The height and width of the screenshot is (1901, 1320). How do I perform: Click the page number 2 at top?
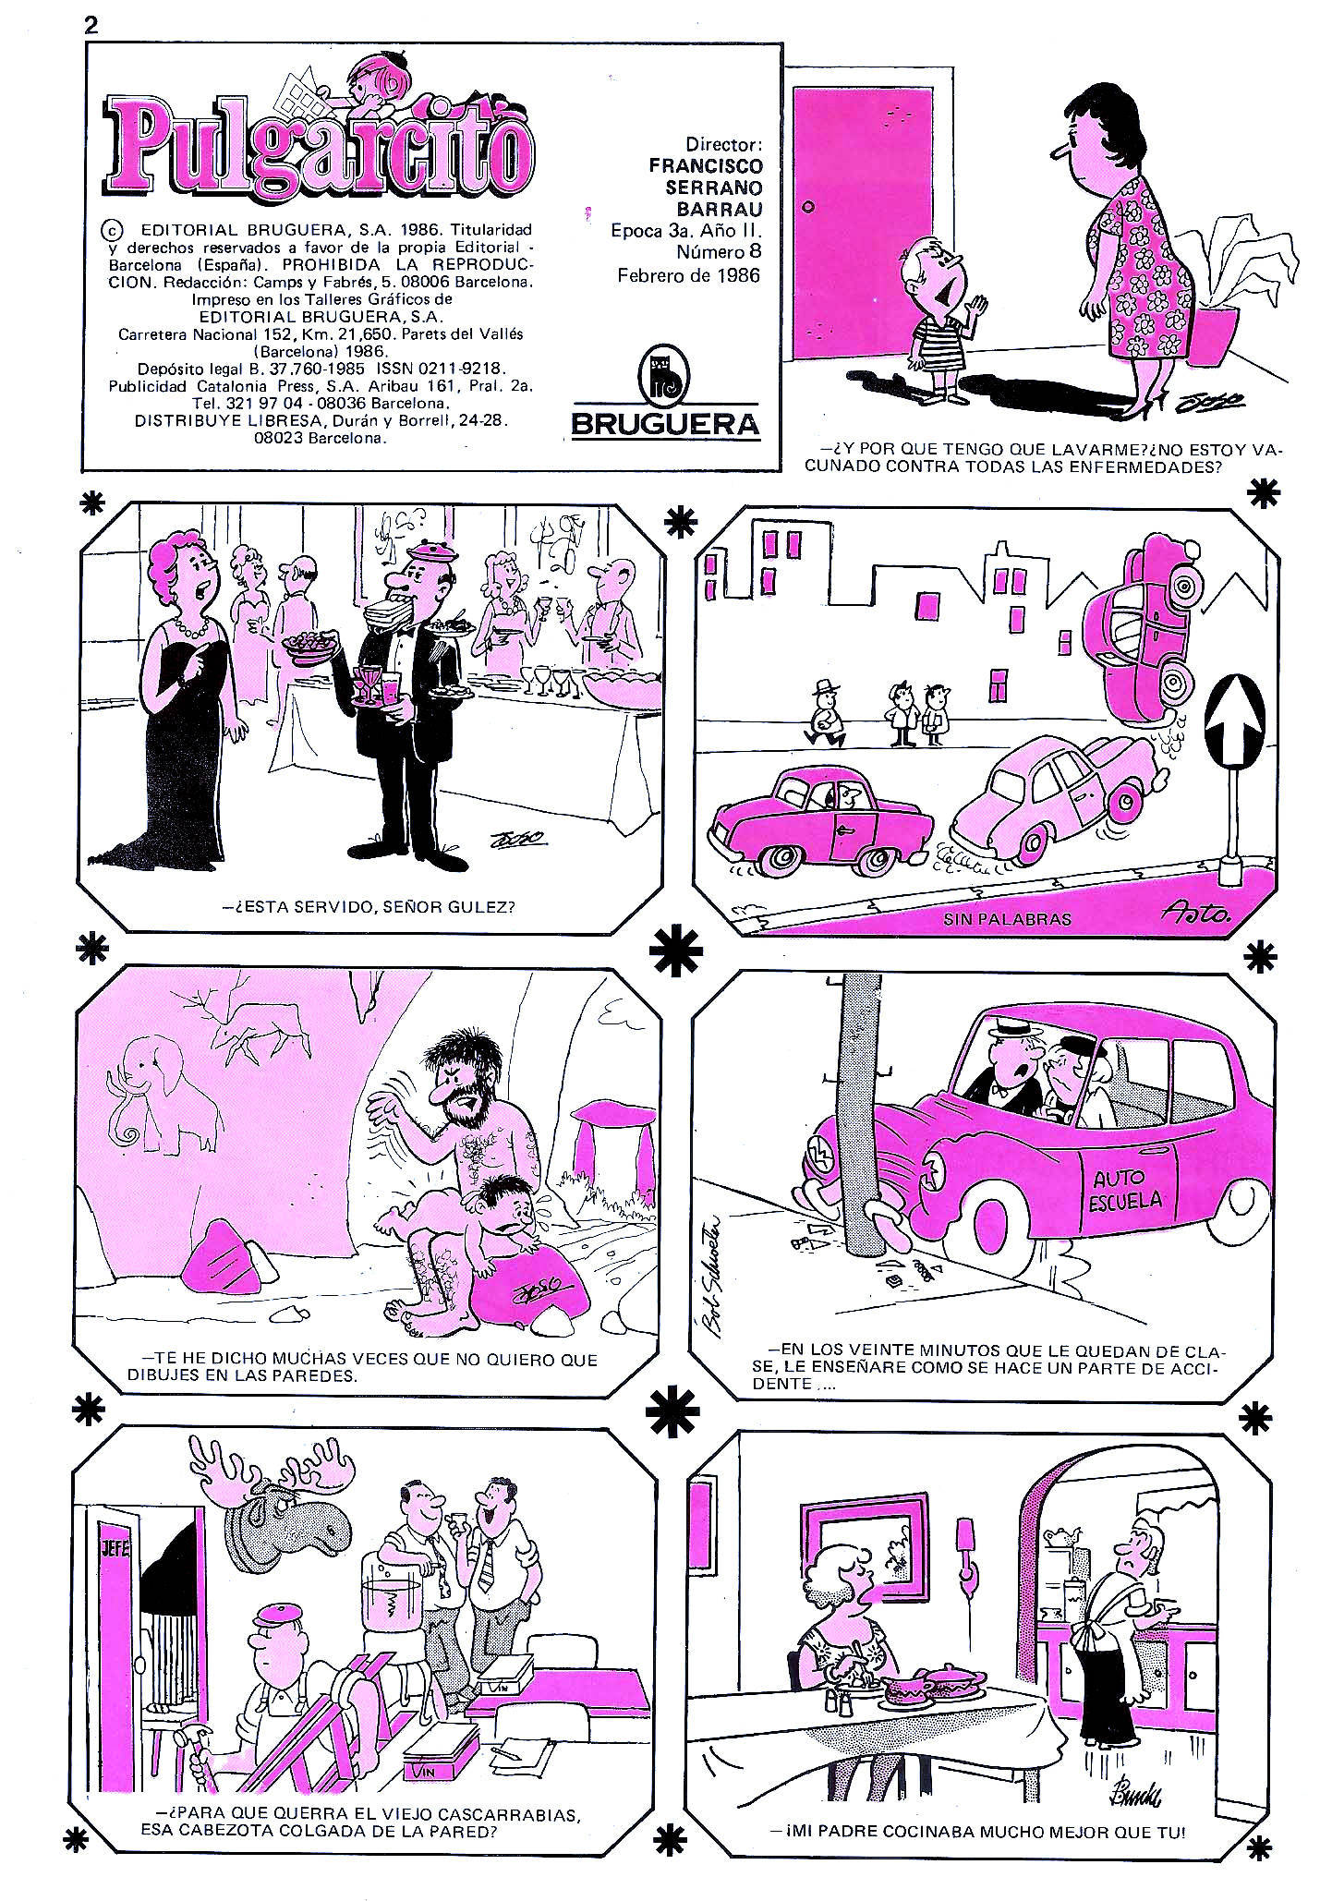pos(91,25)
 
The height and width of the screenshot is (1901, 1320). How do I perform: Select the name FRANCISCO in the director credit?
pos(706,165)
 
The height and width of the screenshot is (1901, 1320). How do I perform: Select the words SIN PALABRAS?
pos(1007,919)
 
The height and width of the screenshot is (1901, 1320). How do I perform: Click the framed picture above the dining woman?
pos(864,1546)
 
